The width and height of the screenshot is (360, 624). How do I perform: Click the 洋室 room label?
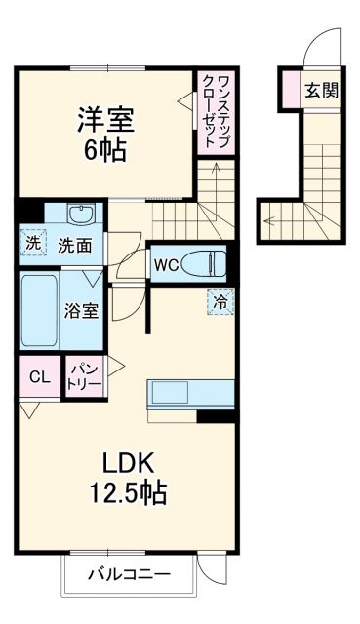pos(106,122)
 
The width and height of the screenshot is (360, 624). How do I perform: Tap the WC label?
pos(163,264)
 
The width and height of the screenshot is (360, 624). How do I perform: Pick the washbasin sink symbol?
pos(80,214)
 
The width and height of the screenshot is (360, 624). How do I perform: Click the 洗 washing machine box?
pos(32,244)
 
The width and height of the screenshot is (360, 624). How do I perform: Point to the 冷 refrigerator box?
pos(220,302)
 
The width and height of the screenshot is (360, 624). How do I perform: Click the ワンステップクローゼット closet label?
pos(216,110)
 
